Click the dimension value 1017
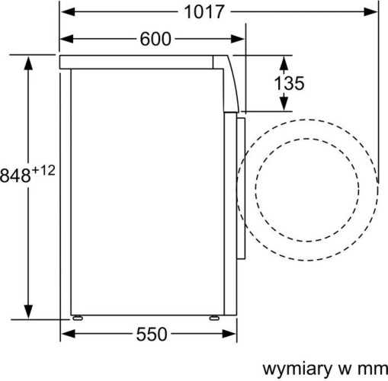[204, 12]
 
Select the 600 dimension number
[155, 40]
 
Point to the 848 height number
[16, 175]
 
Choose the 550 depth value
[152, 335]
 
